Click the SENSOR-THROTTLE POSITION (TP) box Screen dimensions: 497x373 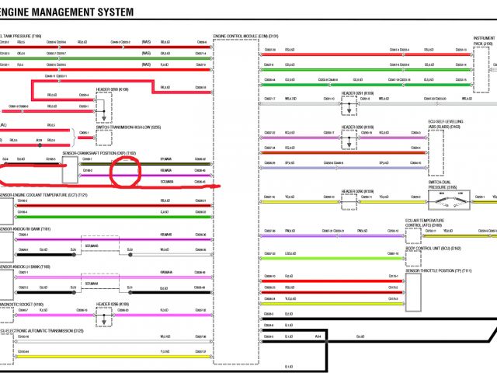point(412,292)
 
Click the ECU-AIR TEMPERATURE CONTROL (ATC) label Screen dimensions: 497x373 point(426,223)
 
